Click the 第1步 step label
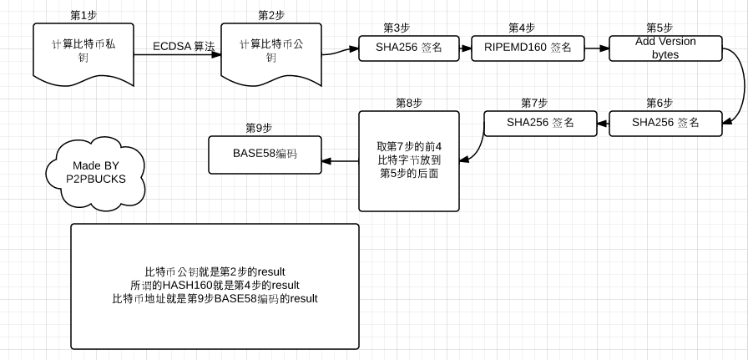(x=82, y=15)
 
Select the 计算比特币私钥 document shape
(x=83, y=51)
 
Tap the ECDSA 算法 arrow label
(x=184, y=47)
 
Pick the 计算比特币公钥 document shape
(x=270, y=51)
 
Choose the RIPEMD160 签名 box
(x=528, y=48)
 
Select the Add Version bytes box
(x=665, y=48)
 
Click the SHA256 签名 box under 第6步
(x=665, y=123)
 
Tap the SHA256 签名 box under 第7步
(x=540, y=123)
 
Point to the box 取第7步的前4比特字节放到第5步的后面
(x=409, y=160)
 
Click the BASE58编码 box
(x=265, y=154)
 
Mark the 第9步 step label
(x=259, y=127)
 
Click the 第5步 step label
(x=660, y=28)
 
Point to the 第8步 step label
(x=409, y=102)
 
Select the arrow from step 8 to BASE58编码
(x=341, y=160)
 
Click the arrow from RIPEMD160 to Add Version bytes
(x=596, y=48)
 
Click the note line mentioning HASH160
(x=215, y=286)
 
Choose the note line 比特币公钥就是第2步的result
(x=215, y=272)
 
